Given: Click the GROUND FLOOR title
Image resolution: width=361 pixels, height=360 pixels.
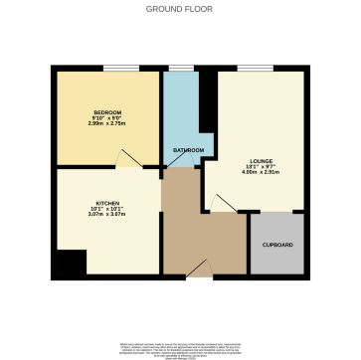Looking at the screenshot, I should (x=180, y=10).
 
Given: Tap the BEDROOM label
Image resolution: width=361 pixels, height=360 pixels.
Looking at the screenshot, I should (x=107, y=112).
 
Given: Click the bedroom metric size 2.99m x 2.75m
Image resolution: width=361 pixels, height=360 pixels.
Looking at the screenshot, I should (x=107, y=124).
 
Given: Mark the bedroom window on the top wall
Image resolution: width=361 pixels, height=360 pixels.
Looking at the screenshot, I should (x=122, y=68).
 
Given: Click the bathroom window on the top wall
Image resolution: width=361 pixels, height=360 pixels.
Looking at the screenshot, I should (x=180, y=68).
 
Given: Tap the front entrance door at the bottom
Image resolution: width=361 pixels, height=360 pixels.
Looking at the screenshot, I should (x=200, y=269).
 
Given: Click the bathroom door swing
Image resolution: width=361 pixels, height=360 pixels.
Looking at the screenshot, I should (x=196, y=162).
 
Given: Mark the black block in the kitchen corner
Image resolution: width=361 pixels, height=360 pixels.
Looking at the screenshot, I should (x=70, y=264).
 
